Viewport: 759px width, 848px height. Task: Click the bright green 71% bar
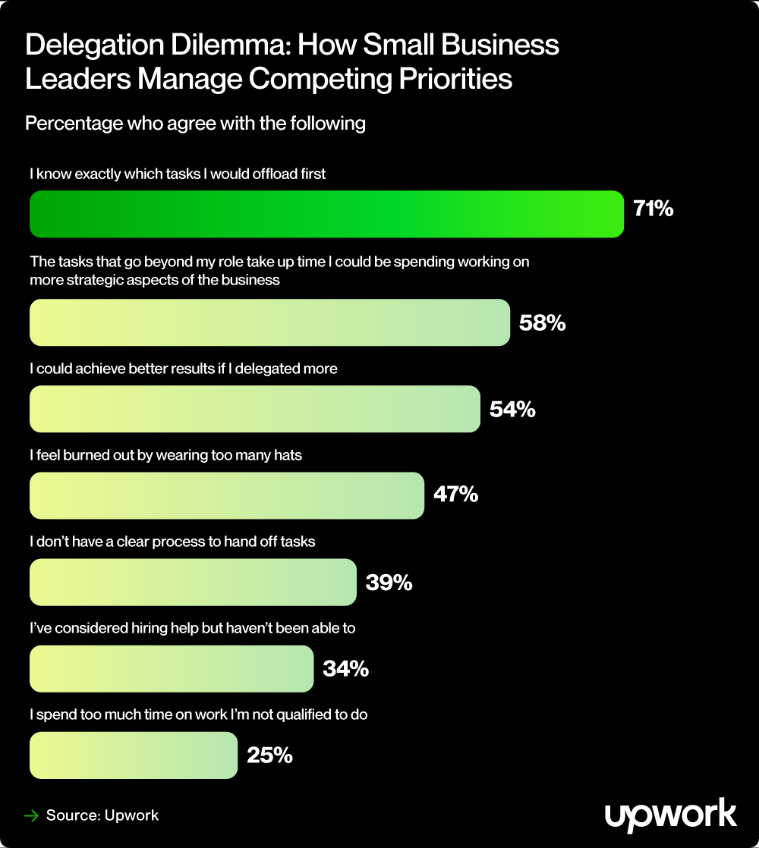point(326,214)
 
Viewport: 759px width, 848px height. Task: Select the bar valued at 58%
point(269,322)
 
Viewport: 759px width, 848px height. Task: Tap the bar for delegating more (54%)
point(255,409)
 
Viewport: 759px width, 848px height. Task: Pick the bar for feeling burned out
point(226,495)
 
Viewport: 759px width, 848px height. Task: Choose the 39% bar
point(193,582)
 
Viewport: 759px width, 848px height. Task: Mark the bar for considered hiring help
point(172,668)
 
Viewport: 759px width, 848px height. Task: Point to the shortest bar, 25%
point(134,755)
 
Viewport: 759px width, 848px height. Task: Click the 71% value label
point(653,209)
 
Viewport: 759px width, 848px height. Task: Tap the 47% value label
point(455,495)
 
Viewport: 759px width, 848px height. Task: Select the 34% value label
point(345,668)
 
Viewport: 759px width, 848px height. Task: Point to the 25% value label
point(269,755)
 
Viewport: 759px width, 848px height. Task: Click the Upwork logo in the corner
point(670,815)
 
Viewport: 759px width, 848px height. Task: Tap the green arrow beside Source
point(31,816)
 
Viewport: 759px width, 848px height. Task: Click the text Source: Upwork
point(102,816)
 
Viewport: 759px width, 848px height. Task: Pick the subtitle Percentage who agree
point(195,123)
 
